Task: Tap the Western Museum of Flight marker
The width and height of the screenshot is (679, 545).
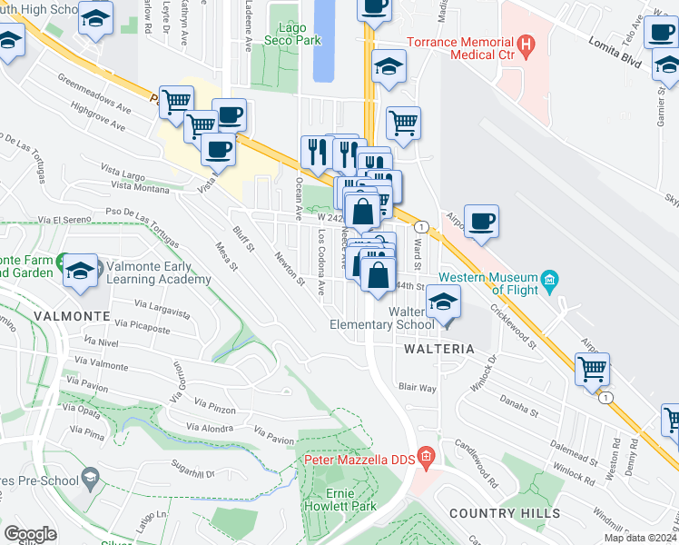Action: [548, 278]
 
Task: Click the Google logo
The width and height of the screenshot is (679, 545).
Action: [30, 534]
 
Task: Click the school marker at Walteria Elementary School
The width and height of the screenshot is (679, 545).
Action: [444, 303]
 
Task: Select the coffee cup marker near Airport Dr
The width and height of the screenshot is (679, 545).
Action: [481, 221]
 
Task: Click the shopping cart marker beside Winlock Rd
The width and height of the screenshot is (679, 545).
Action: [592, 369]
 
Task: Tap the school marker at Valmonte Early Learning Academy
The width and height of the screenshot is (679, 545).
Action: [80, 269]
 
